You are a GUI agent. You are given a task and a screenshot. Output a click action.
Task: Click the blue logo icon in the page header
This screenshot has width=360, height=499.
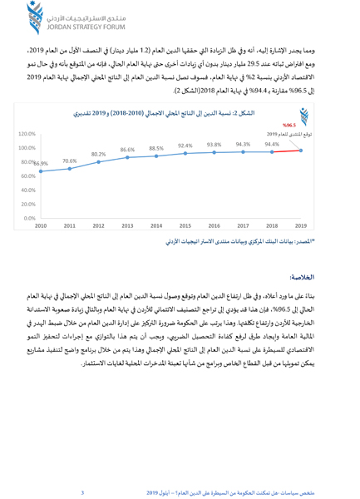point(13,16)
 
